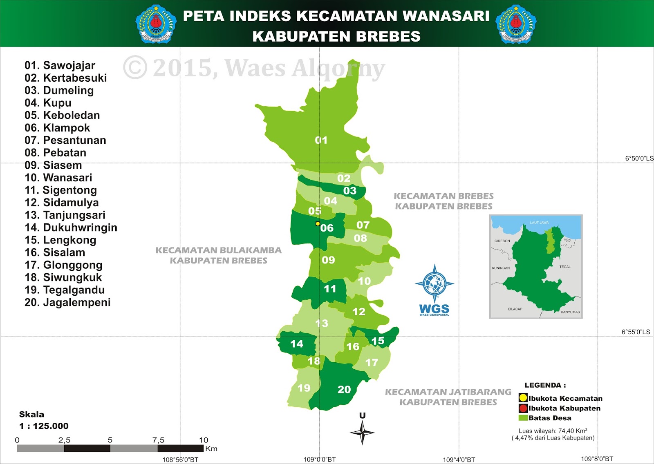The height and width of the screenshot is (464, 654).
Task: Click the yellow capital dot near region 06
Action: click(x=318, y=223)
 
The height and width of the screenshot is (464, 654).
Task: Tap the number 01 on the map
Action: click(x=321, y=141)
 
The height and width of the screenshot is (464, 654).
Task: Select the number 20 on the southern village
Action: click(x=344, y=390)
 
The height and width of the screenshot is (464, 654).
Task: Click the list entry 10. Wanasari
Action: click(x=58, y=178)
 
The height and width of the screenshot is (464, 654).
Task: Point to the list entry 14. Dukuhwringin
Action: click(x=71, y=228)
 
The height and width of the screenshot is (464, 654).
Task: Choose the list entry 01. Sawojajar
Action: click(x=60, y=65)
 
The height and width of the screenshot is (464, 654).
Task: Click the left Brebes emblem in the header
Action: click(x=156, y=24)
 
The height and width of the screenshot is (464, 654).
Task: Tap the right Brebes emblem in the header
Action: click(x=516, y=24)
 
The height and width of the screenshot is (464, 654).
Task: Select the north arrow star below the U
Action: click(x=362, y=433)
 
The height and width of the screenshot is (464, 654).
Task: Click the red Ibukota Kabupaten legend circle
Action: click(x=523, y=408)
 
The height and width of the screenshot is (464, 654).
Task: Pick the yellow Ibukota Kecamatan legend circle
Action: click(x=523, y=398)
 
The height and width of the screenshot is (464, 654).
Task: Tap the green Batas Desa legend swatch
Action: click(x=523, y=418)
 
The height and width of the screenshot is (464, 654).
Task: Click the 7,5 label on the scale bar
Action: click(x=158, y=440)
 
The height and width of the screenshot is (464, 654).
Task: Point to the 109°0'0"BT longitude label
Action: click(x=320, y=460)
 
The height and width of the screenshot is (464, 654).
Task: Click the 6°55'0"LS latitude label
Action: click(x=636, y=332)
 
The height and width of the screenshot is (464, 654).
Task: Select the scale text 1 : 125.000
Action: click(x=44, y=426)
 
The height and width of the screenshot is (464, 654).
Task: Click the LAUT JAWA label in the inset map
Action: click(x=539, y=223)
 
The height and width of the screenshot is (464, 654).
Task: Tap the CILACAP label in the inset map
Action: click(x=515, y=309)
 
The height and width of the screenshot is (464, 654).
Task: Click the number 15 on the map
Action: click(x=378, y=341)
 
